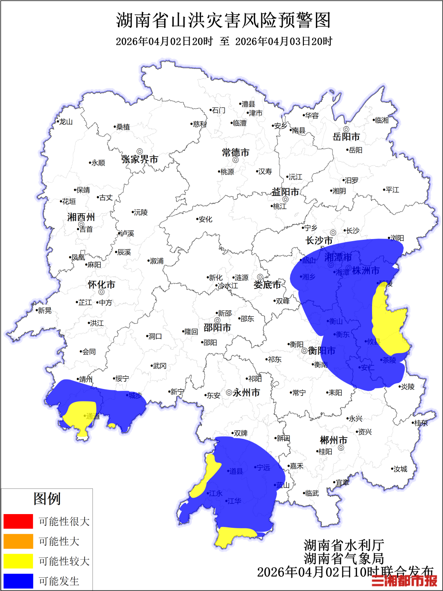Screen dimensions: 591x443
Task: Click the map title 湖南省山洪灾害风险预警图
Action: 223,20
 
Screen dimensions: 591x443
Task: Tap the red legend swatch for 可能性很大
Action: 18,521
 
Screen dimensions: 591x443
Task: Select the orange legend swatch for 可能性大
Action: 18,541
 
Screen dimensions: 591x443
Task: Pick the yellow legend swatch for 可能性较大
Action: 18,561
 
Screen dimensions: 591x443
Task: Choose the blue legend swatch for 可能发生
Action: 18,581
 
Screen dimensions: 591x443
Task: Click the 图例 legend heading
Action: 47,499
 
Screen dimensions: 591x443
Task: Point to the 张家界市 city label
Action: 140,159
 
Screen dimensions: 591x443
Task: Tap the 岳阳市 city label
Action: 346,137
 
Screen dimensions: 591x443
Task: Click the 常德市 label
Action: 235,153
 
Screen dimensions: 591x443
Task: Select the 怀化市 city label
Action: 101,285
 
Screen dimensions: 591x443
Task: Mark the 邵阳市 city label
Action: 217,328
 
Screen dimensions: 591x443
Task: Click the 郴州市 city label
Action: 333,440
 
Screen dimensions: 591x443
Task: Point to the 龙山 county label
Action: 66,122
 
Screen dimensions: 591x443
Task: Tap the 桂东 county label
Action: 421,423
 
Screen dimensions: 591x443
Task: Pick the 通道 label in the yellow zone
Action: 92,416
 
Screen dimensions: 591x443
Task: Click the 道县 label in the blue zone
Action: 236,472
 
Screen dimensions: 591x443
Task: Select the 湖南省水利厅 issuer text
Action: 344,545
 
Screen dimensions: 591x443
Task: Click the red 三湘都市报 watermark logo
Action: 404,581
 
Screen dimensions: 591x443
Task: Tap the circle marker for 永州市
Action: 229,392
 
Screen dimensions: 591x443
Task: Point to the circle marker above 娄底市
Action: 260,277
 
